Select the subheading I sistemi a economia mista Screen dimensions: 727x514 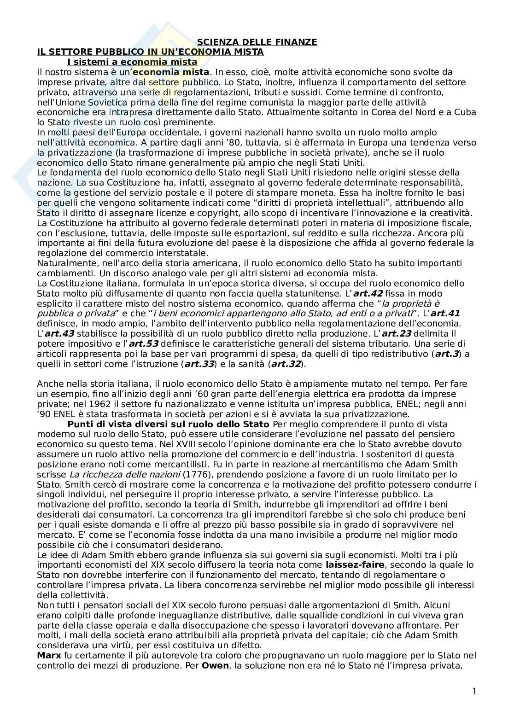pyautogui.click(x=132, y=62)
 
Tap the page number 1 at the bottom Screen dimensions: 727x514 pyautogui.click(x=474, y=692)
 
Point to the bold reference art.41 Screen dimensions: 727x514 pyautogui.click(x=445, y=314)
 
